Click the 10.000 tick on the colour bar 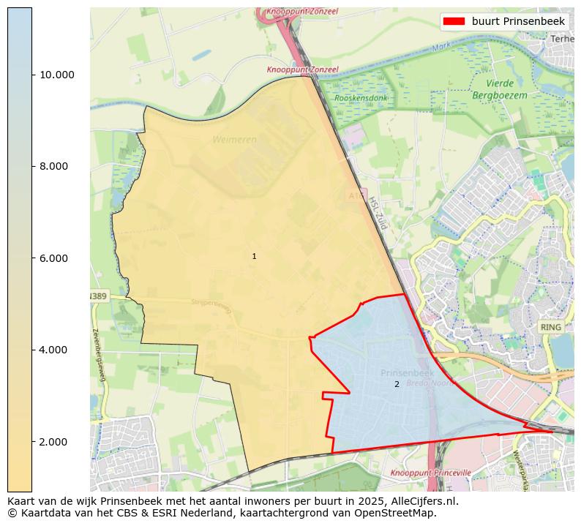coord(57,75)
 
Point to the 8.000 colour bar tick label coord(53,166)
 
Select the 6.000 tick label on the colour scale coord(53,258)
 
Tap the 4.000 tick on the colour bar coord(53,350)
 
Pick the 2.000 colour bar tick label coord(53,442)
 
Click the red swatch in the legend coord(454,21)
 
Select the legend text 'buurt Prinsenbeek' coord(518,21)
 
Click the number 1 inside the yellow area coord(254,257)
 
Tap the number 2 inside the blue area coord(397,384)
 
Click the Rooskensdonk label coord(361,98)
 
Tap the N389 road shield coord(97,296)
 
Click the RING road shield coord(550,327)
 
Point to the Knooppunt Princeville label coord(430,473)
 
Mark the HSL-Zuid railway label coord(377,213)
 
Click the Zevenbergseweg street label coord(100,354)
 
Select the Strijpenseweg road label coord(211,306)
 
